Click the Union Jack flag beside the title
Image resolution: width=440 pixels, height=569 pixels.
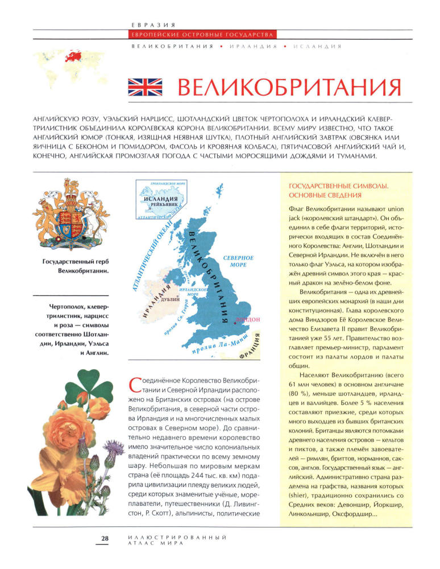(144, 87)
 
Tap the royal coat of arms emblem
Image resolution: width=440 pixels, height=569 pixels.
(70, 217)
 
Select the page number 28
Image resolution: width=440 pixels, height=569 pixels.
(105, 538)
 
